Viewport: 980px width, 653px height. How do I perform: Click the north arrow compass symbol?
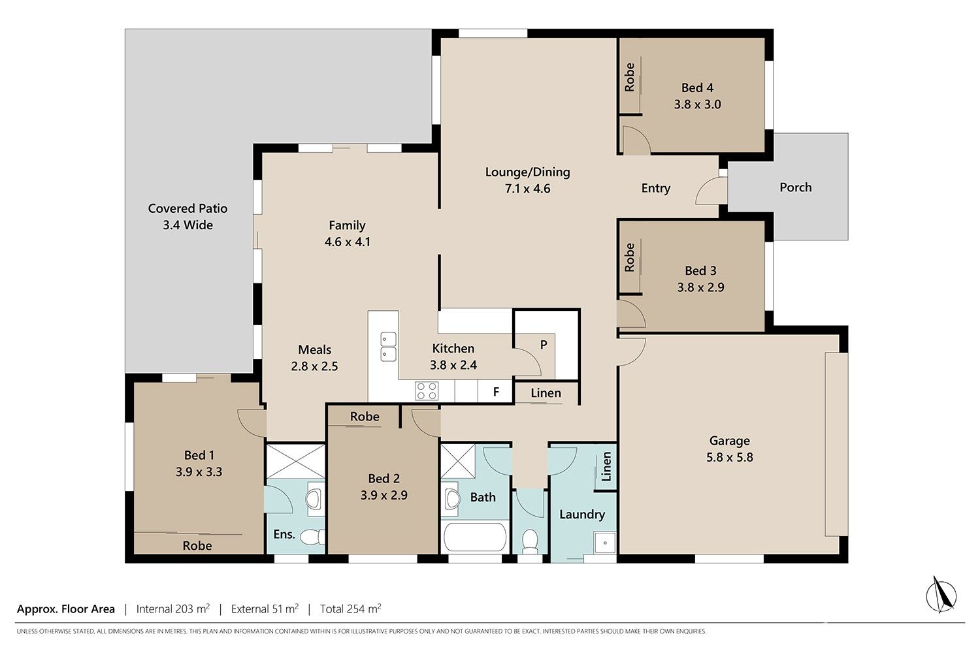(x=941, y=594)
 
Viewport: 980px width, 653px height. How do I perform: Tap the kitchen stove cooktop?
(x=427, y=391)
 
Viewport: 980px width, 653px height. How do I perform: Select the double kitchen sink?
(x=388, y=347)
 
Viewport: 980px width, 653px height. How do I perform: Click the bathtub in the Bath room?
(x=475, y=537)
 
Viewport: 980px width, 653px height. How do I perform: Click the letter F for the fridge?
(x=496, y=392)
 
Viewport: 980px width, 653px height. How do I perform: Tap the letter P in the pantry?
(x=544, y=345)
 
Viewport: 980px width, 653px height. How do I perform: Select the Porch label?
(x=795, y=187)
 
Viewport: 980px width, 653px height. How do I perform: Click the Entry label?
(x=655, y=188)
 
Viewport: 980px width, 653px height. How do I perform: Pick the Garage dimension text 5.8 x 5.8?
(x=729, y=458)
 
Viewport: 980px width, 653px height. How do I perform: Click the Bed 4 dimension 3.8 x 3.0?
(x=697, y=104)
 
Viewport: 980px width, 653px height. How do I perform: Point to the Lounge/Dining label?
(x=528, y=172)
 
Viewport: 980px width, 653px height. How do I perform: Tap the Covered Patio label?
(x=188, y=208)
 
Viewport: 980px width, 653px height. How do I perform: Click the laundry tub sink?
(x=605, y=543)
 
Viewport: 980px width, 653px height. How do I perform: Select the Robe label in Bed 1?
(x=197, y=545)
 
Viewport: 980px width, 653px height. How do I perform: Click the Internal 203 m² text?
(x=173, y=609)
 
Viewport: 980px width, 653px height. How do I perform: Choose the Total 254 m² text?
(x=350, y=609)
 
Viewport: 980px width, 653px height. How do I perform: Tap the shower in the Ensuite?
(x=296, y=461)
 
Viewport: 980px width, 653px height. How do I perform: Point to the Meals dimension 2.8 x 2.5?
(x=314, y=366)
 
